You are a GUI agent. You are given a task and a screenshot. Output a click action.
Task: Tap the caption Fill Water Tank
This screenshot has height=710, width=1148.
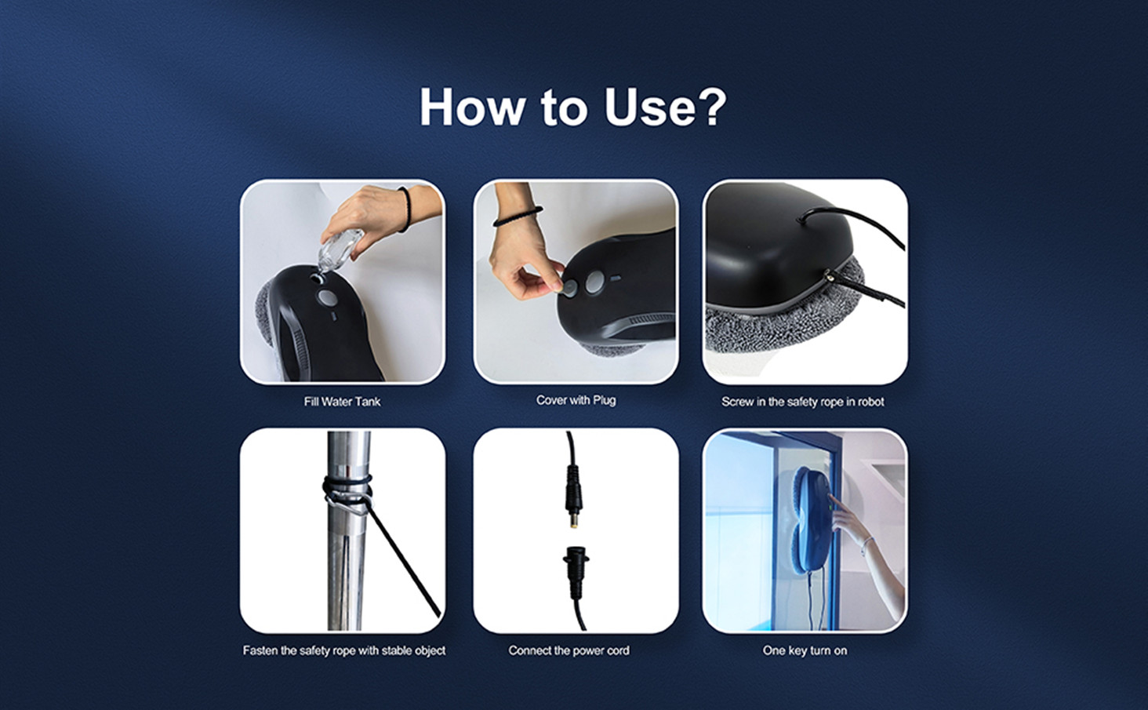[342, 402]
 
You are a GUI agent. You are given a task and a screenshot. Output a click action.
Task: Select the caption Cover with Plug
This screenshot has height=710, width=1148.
[576, 400]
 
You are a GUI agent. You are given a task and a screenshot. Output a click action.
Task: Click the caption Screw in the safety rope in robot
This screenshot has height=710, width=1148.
[802, 402]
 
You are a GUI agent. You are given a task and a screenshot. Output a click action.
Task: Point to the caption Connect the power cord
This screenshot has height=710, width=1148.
[569, 650]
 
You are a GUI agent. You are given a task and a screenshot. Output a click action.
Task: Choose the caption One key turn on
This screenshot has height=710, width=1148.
[805, 650]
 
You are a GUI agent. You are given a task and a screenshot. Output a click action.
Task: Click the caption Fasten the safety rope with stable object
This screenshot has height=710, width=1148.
[344, 650]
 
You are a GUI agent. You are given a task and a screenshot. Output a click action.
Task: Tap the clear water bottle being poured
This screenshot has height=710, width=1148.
[339, 250]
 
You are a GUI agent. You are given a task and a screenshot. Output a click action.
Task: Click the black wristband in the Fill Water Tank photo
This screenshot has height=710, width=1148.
[406, 209]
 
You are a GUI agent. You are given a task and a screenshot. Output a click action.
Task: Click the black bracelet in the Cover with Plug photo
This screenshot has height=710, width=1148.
[518, 217]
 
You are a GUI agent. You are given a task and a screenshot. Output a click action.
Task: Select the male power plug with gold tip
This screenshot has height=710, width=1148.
[574, 496]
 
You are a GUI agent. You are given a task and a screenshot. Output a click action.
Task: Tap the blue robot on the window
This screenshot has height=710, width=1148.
[811, 521]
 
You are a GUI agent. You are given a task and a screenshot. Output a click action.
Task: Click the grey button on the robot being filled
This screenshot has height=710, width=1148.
[326, 297]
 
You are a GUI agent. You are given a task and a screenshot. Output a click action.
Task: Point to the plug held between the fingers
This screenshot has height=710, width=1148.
[569, 288]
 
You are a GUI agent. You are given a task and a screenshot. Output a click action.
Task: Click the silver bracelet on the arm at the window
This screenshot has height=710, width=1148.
[866, 545]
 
